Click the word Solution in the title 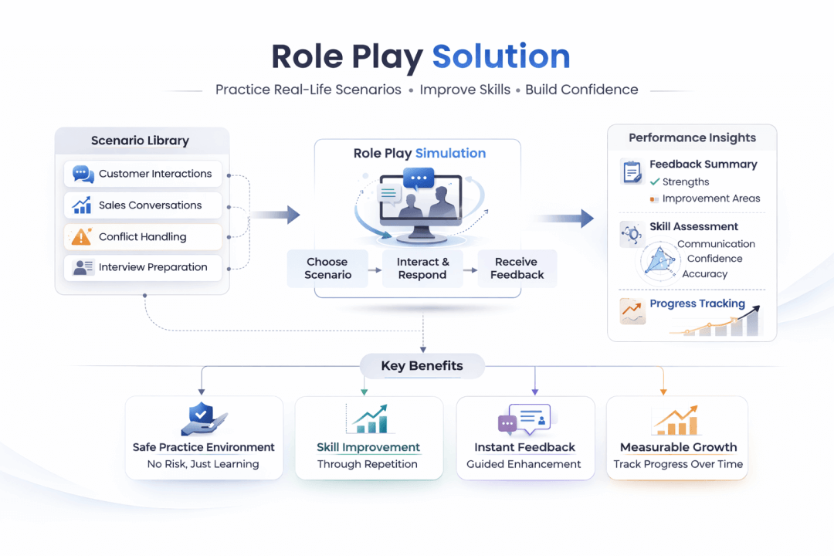click(500, 57)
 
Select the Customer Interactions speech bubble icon click(83, 174)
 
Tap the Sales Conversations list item click(143, 205)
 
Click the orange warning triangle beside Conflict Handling click(82, 237)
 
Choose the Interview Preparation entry click(143, 267)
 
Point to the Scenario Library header click(140, 141)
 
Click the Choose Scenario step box click(327, 268)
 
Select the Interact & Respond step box click(422, 268)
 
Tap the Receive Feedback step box click(517, 268)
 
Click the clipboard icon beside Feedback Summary click(632, 171)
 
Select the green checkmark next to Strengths click(655, 182)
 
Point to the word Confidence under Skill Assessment click(714, 259)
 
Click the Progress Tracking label click(697, 303)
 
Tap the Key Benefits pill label click(422, 366)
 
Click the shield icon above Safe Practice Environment click(202, 418)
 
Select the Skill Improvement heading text click(368, 447)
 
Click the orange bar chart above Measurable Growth click(676, 421)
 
